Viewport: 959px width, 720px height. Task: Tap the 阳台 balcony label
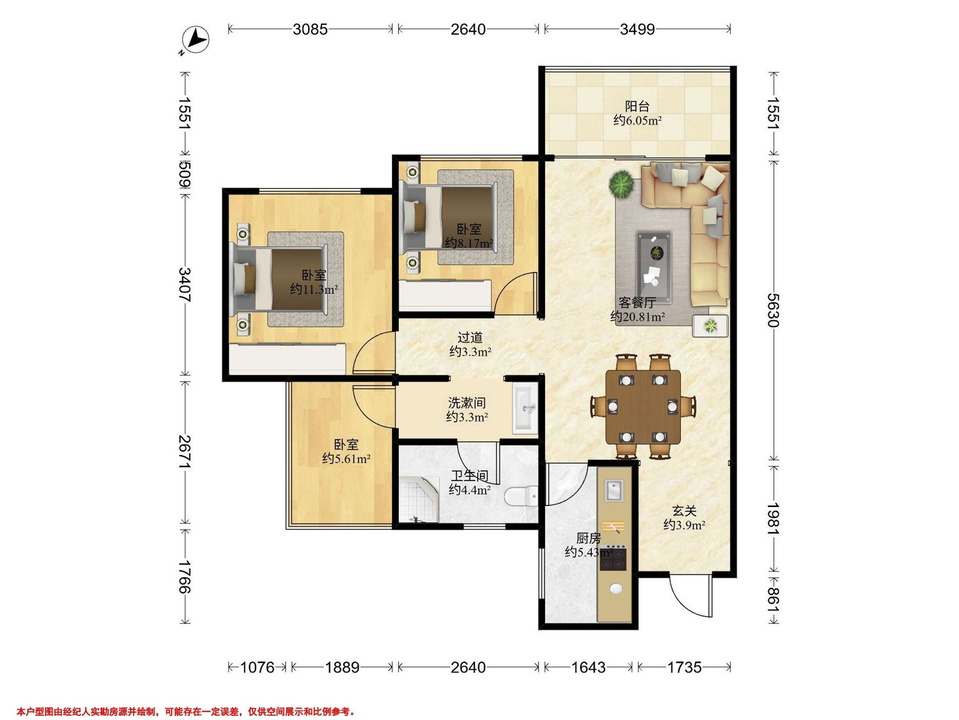637,106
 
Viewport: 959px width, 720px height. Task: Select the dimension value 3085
310,29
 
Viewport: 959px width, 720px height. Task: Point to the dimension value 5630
773,310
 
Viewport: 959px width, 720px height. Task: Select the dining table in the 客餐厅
643,407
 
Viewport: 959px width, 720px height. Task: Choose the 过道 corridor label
470,337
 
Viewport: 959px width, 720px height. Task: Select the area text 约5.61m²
346,459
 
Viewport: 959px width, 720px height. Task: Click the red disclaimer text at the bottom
186,699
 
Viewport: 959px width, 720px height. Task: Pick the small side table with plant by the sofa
710,326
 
